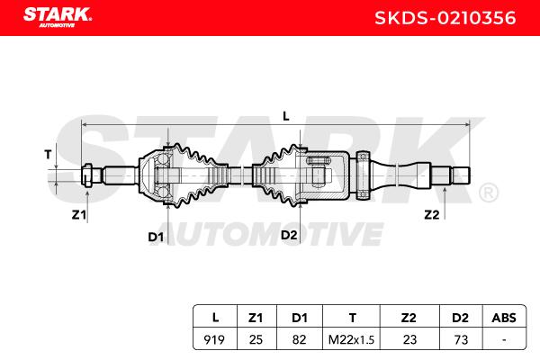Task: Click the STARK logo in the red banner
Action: coord(58,17)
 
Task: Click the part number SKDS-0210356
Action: coord(445,18)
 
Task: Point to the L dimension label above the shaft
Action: coord(286,116)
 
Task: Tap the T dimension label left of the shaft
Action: coord(48,154)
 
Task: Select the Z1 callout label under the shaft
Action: coord(79,215)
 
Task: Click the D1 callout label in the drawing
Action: coord(156,237)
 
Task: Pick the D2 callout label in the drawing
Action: coord(289,235)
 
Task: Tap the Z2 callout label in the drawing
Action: coord(432,215)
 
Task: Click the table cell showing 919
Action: coord(214,339)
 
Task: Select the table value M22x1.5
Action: coord(351,340)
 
